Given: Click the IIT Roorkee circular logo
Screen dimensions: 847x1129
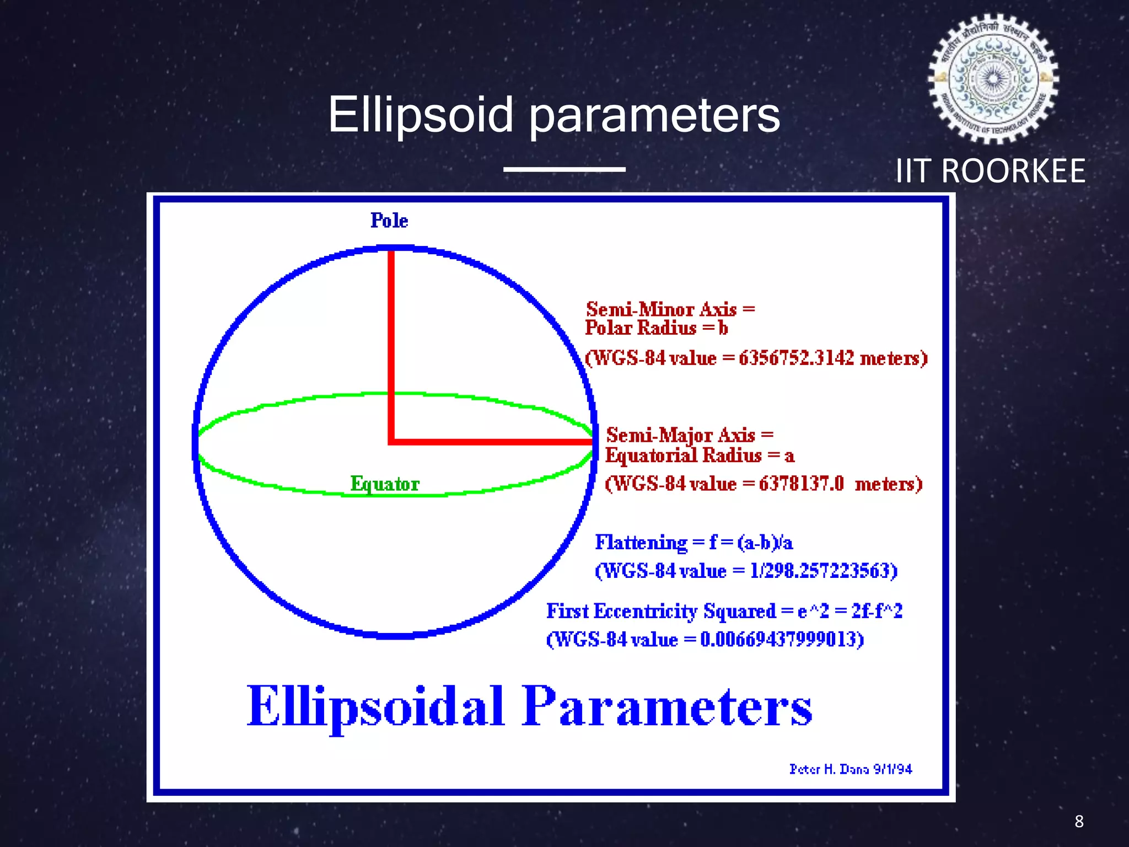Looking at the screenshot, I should (x=993, y=79).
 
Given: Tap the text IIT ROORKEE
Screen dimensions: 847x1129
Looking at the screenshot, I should (x=990, y=171).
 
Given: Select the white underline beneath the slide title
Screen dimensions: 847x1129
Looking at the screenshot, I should (x=564, y=169).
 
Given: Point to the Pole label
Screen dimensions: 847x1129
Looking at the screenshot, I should (x=389, y=221).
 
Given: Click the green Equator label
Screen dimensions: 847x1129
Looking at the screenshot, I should (x=385, y=484).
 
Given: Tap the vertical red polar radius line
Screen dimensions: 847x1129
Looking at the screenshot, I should (x=391, y=342).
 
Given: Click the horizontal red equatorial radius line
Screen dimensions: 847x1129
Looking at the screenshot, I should (x=491, y=442).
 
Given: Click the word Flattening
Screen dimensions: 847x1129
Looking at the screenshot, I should (x=641, y=543).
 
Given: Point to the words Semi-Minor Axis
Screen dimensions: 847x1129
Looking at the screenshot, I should (x=661, y=309).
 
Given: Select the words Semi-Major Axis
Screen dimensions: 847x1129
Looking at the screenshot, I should (x=680, y=435).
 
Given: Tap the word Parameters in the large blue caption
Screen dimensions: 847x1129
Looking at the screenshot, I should (x=666, y=706).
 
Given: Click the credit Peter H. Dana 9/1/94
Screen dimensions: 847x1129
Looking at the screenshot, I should (x=850, y=769).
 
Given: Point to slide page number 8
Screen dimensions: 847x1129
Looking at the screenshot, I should (x=1079, y=821).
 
